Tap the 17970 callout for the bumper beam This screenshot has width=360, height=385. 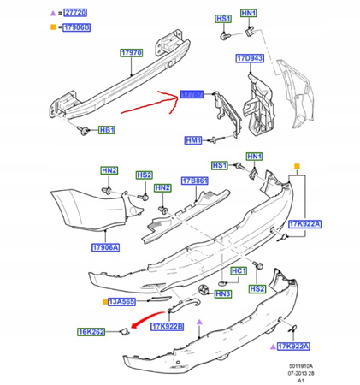click(131, 53)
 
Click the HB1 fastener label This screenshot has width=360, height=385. click(107, 131)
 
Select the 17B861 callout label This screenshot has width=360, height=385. click(195, 181)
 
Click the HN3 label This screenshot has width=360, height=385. click(223, 293)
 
